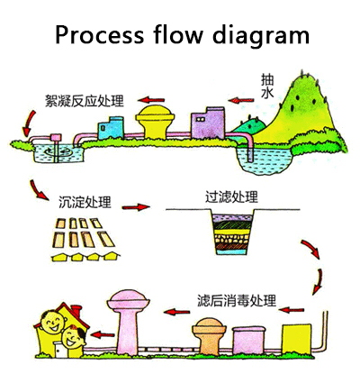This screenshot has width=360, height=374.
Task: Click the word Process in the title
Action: (x=100, y=34)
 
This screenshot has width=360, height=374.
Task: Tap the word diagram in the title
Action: (x=260, y=35)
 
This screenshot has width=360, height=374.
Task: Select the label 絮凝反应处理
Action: (x=85, y=101)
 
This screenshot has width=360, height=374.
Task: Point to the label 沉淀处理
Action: (x=85, y=202)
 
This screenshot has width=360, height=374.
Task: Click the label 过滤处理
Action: (x=231, y=196)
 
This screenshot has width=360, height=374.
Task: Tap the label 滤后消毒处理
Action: (x=237, y=300)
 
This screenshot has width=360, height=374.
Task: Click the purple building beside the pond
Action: (x=208, y=123)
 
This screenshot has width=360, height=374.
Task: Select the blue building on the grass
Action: (x=111, y=128)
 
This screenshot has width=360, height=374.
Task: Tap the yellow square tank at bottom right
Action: (x=296, y=340)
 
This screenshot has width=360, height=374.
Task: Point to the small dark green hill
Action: (x=249, y=125)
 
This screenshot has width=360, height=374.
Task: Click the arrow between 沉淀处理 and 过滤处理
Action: (x=136, y=207)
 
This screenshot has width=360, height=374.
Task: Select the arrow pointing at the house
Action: (x=103, y=334)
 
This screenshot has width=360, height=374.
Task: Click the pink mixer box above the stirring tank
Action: (x=56, y=138)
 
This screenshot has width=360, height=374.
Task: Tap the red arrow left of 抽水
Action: (x=241, y=100)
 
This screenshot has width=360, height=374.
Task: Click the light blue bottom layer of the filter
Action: (x=232, y=251)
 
